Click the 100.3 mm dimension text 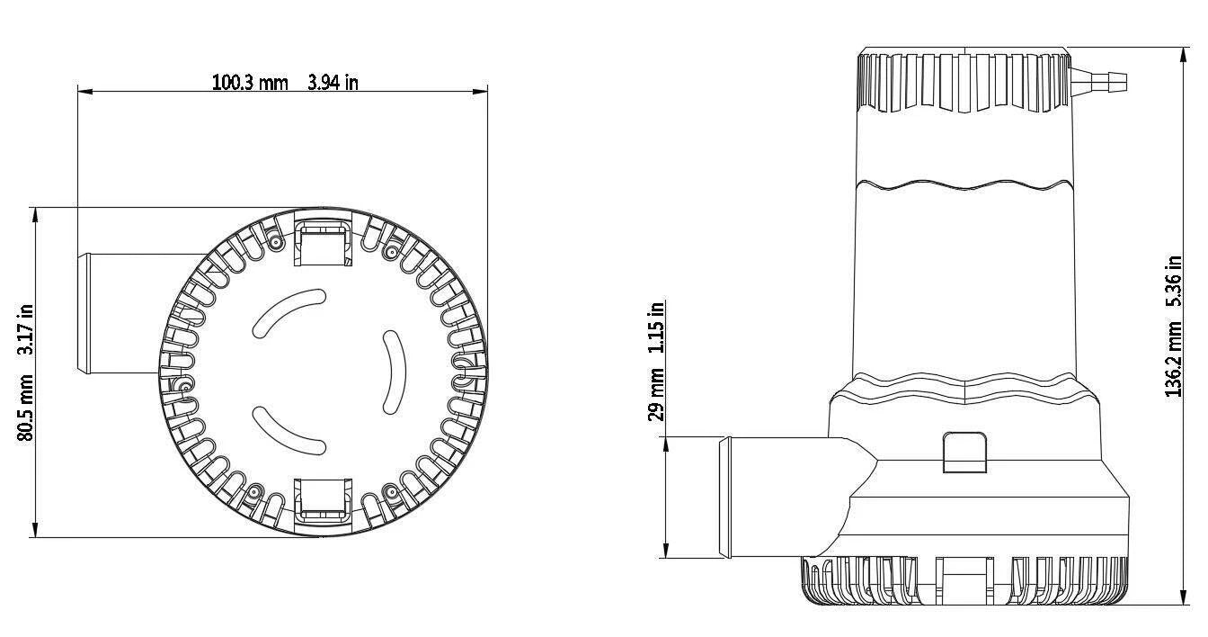tap(250, 83)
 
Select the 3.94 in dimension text tap(333, 83)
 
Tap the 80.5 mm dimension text tap(25, 408)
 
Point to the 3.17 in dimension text tap(25, 329)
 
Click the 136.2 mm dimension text tap(1174, 358)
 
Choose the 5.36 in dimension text tap(1174, 282)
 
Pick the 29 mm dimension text tap(656, 395)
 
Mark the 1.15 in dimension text tap(656, 327)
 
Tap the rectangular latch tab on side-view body tap(964, 453)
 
